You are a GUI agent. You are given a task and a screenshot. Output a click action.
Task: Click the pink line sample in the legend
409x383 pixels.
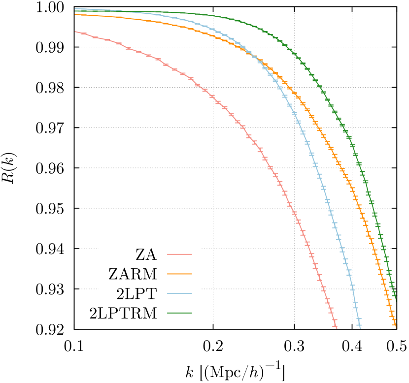pyautogui.click(x=179, y=254)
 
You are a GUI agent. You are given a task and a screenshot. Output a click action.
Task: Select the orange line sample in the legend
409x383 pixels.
pyautogui.click(x=179, y=274)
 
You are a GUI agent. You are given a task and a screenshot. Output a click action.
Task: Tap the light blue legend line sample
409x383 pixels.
pyautogui.click(x=179, y=293)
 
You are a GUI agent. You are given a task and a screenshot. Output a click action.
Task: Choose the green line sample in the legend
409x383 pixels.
pyautogui.click(x=179, y=313)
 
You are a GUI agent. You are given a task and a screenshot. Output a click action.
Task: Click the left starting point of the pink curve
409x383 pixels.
pyautogui.click(x=75, y=32)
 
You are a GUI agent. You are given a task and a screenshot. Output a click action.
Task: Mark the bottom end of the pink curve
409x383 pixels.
pyautogui.click(x=336, y=327)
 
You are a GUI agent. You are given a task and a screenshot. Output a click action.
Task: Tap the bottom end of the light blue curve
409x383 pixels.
pyautogui.click(x=360, y=327)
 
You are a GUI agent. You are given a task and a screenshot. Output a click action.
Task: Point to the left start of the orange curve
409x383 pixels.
pyautogui.click(x=75, y=14)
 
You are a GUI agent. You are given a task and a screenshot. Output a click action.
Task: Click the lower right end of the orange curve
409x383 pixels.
pyautogui.click(x=396, y=326)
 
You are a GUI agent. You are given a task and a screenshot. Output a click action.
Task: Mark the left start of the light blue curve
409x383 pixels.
pyautogui.click(x=75, y=8)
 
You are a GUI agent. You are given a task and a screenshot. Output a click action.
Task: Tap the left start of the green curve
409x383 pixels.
pyautogui.click(x=75, y=11)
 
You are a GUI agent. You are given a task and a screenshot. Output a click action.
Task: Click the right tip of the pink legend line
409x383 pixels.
pyautogui.click(x=192, y=254)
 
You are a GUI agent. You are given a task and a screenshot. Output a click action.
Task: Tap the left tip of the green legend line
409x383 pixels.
pyautogui.click(x=168, y=313)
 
